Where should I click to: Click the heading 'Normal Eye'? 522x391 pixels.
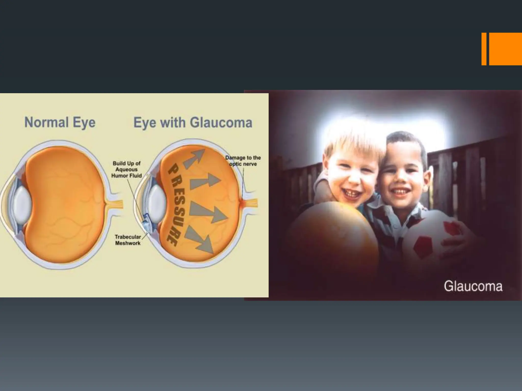pyautogui.click(x=60, y=122)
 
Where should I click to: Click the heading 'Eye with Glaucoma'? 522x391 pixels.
pyautogui.click(x=193, y=123)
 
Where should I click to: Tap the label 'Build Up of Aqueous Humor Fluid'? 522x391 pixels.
pyautogui.click(x=126, y=170)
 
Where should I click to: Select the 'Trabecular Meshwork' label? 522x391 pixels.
pyautogui.click(x=128, y=240)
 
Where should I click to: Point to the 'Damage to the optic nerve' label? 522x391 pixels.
pyautogui.click(x=243, y=161)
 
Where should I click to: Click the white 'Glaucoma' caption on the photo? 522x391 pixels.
pyautogui.click(x=473, y=286)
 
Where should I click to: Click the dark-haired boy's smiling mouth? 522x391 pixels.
pyautogui.click(x=400, y=191)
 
